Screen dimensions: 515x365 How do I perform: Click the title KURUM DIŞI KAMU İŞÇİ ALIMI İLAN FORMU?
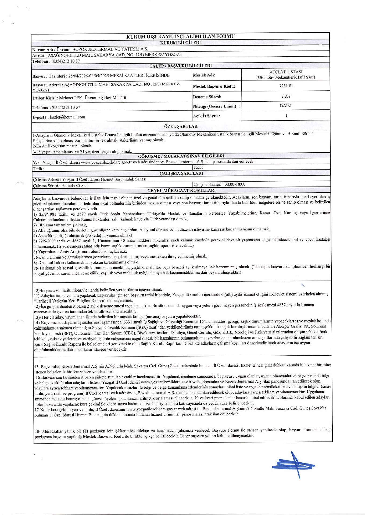(180, 36)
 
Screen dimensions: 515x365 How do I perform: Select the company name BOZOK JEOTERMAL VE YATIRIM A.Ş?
(110, 49)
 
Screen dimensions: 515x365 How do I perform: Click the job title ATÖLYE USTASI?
(286, 72)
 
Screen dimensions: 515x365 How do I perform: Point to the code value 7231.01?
(286, 86)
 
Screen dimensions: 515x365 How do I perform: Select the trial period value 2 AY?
(286, 96)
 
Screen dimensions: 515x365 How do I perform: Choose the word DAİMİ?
(286, 106)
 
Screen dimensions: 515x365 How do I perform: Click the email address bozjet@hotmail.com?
(67, 117)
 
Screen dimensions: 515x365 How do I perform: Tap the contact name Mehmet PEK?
(70, 98)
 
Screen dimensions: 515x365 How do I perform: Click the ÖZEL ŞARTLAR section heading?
(181, 127)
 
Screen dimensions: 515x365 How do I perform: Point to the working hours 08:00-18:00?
(235, 184)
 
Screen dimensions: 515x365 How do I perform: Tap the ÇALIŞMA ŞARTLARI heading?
(181, 173)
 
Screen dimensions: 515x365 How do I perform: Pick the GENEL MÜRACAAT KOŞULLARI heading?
(181, 190)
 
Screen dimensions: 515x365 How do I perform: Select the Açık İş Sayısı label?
(206, 116)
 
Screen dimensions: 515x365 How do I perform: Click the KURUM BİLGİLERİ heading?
(180, 43)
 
